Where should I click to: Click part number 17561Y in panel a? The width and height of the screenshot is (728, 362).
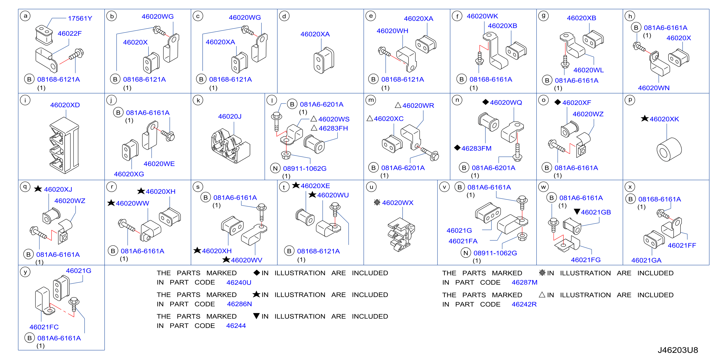[80, 18]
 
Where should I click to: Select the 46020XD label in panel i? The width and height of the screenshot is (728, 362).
[65, 105]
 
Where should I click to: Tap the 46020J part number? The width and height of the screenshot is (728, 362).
[230, 116]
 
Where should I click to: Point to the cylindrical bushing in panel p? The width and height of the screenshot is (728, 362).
[669, 149]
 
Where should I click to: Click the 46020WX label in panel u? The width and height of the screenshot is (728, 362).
[398, 203]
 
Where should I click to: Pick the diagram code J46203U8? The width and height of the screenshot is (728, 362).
[678, 350]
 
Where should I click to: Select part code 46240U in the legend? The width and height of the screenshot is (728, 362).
[239, 282]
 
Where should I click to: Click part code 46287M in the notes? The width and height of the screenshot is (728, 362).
[525, 282]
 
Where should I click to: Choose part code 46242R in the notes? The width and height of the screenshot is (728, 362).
[524, 304]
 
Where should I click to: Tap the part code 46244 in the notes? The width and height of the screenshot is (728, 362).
[236, 326]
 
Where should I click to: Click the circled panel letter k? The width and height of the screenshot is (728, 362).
[198, 100]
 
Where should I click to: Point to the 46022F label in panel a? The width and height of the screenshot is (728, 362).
[70, 34]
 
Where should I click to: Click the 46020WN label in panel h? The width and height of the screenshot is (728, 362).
[654, 88]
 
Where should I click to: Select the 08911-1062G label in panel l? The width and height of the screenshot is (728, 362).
[305, 168]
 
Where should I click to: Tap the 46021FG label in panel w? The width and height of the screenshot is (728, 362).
[586, 260]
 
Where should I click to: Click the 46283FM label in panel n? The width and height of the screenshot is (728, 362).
[476, 148]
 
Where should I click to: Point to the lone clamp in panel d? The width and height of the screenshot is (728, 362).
[324, 60]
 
